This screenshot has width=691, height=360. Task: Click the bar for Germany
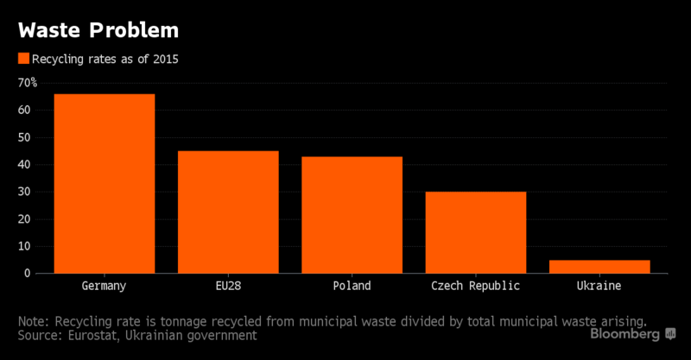point(105,184)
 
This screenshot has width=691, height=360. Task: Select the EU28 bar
point(228,212)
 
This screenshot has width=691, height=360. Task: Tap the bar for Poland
point(352,215)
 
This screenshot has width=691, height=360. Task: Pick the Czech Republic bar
point(475,232)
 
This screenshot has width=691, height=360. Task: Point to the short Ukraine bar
point(599,267)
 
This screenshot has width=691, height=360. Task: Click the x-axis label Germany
point(105,286)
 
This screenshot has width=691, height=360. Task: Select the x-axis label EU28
point(228,286)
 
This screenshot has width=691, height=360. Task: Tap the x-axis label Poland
point(352,286)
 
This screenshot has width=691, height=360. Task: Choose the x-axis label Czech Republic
point(475,286)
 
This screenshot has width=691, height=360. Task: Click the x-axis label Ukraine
point(599,286)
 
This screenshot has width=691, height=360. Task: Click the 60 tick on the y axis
point(25,111)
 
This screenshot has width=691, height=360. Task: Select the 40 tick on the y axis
point(25,165)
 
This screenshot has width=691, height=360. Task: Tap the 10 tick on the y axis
point(25,246)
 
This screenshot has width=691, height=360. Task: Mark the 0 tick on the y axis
point(29,274)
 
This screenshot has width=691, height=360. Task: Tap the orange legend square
point(23,59)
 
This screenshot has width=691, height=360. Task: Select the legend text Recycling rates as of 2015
point(105,59)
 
